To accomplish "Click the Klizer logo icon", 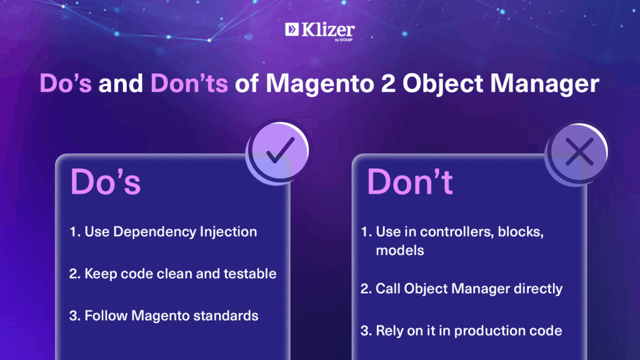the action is (292, 29).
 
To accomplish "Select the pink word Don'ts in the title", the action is (189, 83).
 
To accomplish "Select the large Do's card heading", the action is (106, 182).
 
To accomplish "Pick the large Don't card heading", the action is (410, 182).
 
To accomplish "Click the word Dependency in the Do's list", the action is (154, 232).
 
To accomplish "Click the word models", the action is (400, 251).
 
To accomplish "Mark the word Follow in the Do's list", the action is (106, 316).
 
